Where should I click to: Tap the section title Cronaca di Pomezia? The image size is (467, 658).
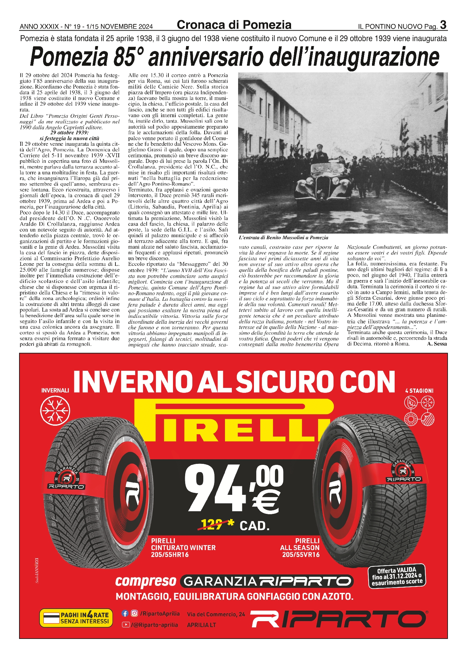(x=234, y=25)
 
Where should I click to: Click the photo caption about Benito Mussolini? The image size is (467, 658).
(x=283, y=238)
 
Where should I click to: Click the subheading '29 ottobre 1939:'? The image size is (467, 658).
(x=67, y=133)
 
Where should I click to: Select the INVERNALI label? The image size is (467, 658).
(x=55, y=391)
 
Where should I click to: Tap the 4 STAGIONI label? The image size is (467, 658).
(x=419, y=391)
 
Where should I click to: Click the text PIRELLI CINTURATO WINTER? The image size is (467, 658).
(x=183, y=544)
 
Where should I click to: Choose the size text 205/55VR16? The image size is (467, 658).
(x=301, y=555)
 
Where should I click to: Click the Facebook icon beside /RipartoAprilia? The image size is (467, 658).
(x=125, y=613)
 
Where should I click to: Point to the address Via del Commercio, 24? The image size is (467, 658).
(x=216, y=614)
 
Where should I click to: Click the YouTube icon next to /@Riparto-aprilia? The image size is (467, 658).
(x=125, y=624)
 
